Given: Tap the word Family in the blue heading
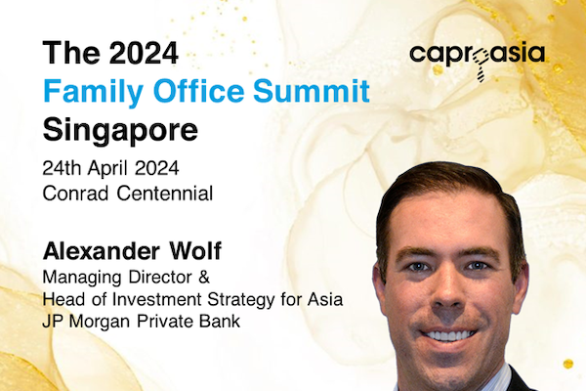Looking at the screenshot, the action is (93, 92).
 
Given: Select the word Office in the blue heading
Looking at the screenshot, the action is (198, 91).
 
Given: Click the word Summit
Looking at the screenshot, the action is (312, 91).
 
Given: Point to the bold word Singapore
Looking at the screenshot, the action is (120, 131).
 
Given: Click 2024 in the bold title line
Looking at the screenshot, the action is (145, 53).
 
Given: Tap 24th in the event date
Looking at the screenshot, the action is (62, 168).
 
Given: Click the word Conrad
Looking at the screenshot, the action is (76, 194).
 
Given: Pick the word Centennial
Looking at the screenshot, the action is (165, 194).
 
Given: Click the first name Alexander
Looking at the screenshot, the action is (102, 251).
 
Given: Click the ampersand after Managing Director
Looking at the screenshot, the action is (204, 278).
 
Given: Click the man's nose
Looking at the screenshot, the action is (447, 293).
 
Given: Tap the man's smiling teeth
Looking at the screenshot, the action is (448, 335).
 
